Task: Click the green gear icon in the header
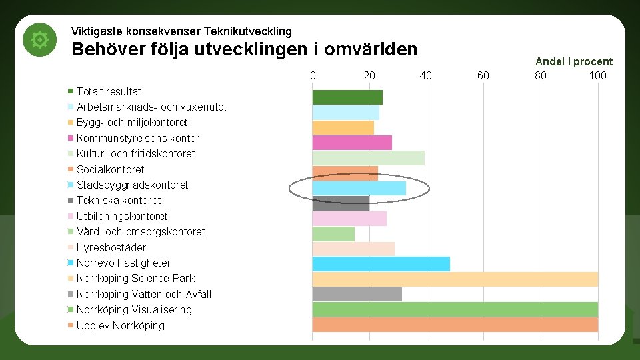pyautogui.click(x=39, y=41)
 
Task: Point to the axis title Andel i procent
pyautogui.click(x=573, y=61)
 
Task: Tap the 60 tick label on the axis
pyautogui.click(x=483, y=75)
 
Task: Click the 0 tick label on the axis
pyautogui.click(x=313, y=75)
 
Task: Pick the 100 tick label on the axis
pyautogui.click(x=597, y=75)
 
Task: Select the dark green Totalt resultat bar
pyautogui.click(x=347, y=97)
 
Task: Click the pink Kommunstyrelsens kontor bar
pyautogui.click(x=352, y=143)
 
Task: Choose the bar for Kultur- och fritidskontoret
pyautogui.click(x=368, y=158)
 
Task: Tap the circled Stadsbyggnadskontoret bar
pyautogui.click(x=359, y=189)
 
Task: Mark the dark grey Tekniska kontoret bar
pyautogui.click(x=341, y=203)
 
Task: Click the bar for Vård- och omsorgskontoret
pyautogui.click(x=333, y=234)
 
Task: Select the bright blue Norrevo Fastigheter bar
pyautogui.click(x=381, y=264)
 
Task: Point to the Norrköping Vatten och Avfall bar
pyautogui.click(x=357, y=294)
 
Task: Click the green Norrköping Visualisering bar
pyautogui.click(x=455, y=309)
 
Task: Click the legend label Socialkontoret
pyautogui.click(x=110, y=169)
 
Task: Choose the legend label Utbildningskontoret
pyautogui.click(x=122, y=216)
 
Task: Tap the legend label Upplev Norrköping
pyautogui.click(x=120, y=325)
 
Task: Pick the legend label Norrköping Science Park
pyautogui.click(x=135, y=278)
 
